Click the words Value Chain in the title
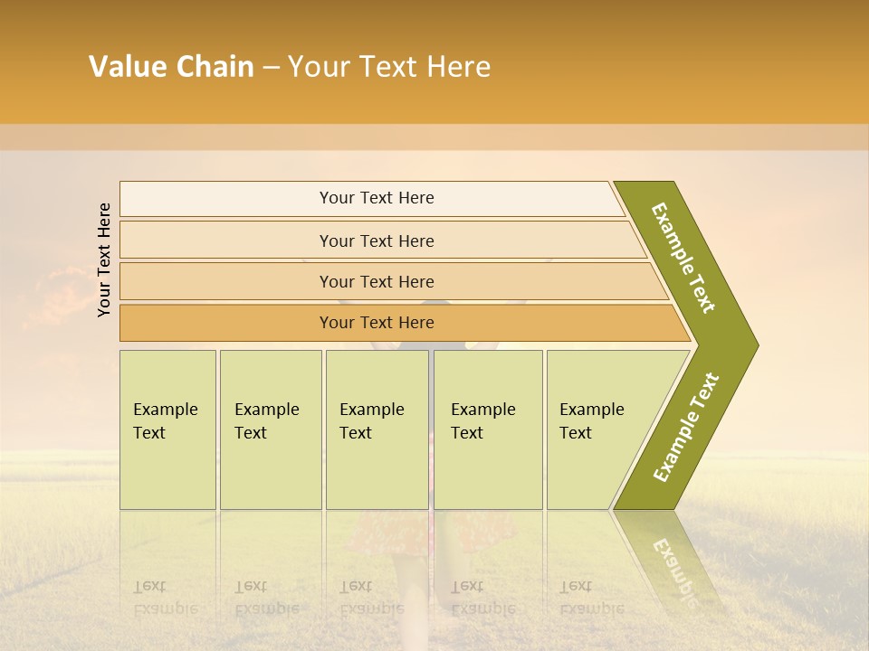click(171, 67)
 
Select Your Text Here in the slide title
click(388, 67)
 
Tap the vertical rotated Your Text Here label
click(104, 259)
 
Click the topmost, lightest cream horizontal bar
click(376, 198)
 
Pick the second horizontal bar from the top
click(376, 241)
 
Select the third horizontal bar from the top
click(376, 281)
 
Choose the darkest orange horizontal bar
click(376, 323)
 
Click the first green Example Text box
click(167, 429)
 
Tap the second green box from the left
click(270, 429)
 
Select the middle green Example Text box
click(377, 429)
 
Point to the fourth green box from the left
click(487, 429)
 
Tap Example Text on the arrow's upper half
click(684, 258)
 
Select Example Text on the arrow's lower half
click(686, 428)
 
